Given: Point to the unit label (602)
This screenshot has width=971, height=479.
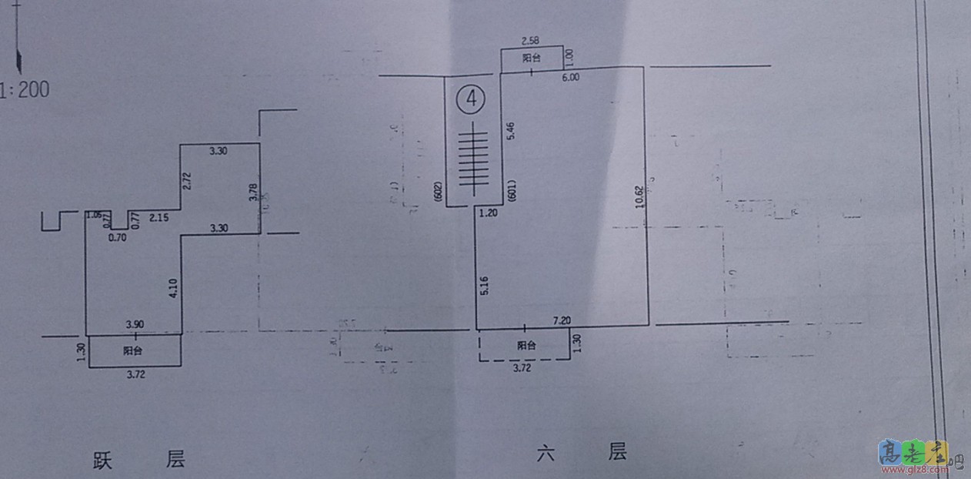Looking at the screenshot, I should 438,192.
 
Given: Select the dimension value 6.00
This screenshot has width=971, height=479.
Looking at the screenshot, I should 571,77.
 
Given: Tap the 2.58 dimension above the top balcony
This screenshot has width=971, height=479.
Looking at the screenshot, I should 532,40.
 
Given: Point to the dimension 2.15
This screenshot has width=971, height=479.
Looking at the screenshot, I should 159,218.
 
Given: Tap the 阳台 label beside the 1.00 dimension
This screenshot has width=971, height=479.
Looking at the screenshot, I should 531,59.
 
